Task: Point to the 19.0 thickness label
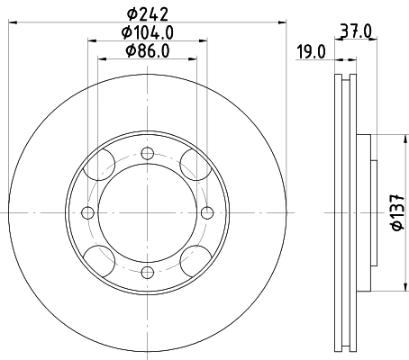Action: click(311, 52)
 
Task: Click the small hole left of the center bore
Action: click(87, 212)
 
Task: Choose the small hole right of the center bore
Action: click(207, 212)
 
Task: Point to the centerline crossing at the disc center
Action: click(147, 212)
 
